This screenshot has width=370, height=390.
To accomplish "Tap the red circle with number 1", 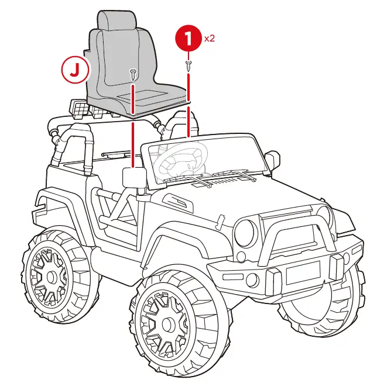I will [x=189, y=40].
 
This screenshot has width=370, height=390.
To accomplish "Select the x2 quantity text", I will [x=210, y=39].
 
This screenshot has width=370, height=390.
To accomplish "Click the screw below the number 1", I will [x=189, y=64].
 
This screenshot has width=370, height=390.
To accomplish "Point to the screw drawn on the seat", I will [x=133, y=74].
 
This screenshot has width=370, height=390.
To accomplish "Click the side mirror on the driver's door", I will [x=134, y=177].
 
